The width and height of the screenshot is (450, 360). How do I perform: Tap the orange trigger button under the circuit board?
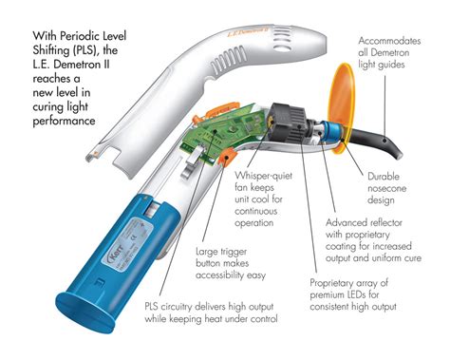pyautogui.click(x=227, y=157)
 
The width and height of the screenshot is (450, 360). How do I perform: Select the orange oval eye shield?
pyautogui.click(x=341, y=108)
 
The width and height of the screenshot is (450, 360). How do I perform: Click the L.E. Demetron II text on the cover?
pyautogui.click(x=248, y=31)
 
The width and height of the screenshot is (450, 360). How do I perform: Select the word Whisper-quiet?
pyautogui.click(x=263, y=176)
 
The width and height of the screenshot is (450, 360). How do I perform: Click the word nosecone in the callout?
pyautogui.click(x=386, y=188)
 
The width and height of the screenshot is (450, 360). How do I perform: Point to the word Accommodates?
pyautogui.click(x=389, y=41)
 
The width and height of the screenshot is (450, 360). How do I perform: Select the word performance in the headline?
pyautogui.click(x=64, y=121)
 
